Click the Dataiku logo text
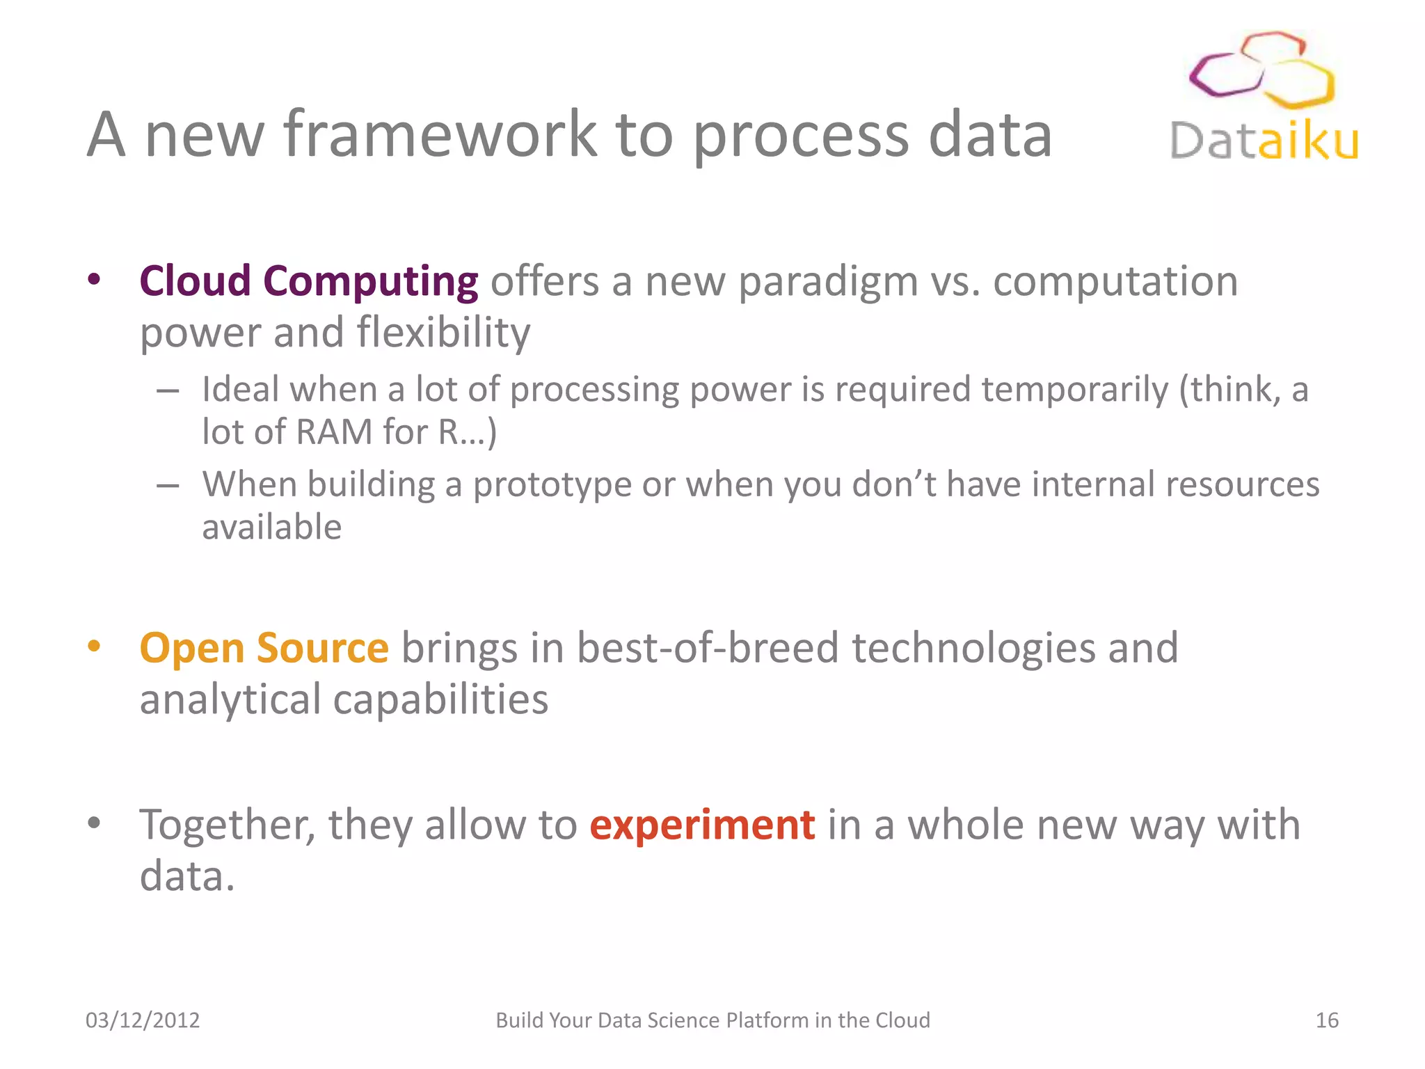(x=1264, y=142)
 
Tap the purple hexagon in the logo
(x=1225, y=75)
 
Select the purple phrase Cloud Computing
(x=308, y=281)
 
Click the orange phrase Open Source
(x=264, y=648)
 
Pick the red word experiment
(x=702, y=825)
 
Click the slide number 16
(x=1326, y=1020)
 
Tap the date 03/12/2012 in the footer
(x=143, y=1020)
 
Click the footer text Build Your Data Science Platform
(x=712, y=1020)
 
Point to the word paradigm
(x=827, y=283)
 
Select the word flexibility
(x=443, y=333)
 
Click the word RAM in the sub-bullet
(x=334, y=432)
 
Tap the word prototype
(x=552, y=485)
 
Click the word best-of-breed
(x=707, y=648)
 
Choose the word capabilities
(x=440, y=699)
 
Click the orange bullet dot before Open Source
(x=94, y=646)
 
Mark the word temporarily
(x=1074, y=390)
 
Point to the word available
(x=271, y=527)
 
